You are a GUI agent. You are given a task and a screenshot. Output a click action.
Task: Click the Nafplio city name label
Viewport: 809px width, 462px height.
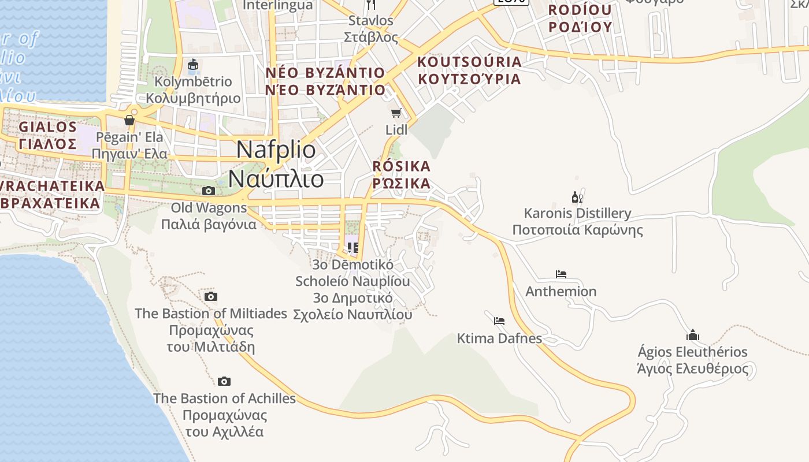coord(276,165)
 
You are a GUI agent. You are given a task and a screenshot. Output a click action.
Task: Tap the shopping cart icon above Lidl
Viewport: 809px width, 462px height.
coord(396,113)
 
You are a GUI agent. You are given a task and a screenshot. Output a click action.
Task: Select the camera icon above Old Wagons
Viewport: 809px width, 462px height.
coord(209,191)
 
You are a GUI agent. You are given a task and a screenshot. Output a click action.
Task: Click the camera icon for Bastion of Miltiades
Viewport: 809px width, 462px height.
coord(211,296)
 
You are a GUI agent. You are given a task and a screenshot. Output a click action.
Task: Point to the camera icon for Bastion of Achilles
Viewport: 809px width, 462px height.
coord(224,381)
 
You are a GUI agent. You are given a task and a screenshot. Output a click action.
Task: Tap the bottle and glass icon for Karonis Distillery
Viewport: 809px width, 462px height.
coord(577,197)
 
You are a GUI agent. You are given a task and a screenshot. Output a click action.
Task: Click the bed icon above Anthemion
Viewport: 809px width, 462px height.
coord(561,274)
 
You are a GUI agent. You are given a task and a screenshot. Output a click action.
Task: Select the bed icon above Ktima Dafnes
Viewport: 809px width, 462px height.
coord(499,321)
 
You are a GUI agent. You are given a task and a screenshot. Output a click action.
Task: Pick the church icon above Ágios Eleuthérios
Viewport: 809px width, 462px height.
coord(692,335)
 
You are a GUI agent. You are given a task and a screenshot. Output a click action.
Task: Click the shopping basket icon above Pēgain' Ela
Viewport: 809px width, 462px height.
coord(129,120)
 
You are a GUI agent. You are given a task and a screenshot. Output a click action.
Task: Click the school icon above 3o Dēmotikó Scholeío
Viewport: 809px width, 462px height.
coord(353,248)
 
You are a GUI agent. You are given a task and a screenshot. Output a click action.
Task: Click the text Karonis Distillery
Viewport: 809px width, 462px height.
coord(577,213)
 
